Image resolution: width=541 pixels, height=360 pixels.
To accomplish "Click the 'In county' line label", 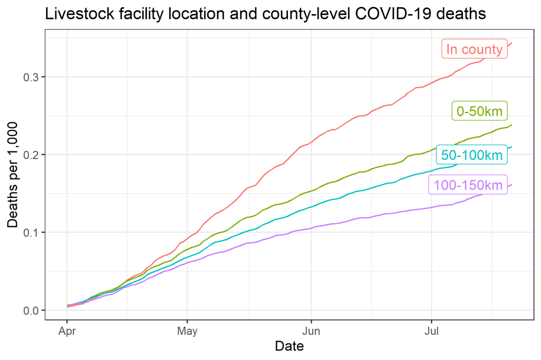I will [474, 50].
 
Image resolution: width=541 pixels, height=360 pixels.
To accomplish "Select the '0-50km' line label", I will [480, 111].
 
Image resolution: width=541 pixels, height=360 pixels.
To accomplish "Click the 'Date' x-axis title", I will [289, 346].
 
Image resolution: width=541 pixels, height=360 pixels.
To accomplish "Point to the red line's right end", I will [512, 43].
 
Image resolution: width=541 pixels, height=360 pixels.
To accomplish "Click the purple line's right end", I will [512, 185].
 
